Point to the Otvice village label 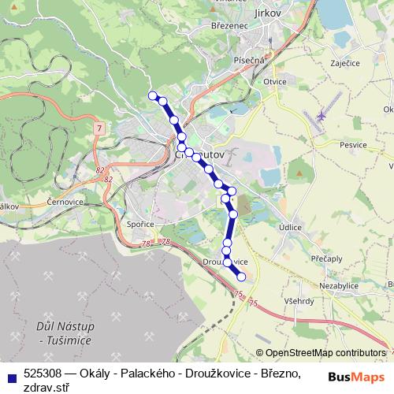[274, 81]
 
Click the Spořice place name [139, 224]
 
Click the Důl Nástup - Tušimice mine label [65, 333]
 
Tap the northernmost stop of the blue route [152, 95]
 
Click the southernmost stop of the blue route [241, 277]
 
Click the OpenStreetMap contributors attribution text [325, 353]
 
